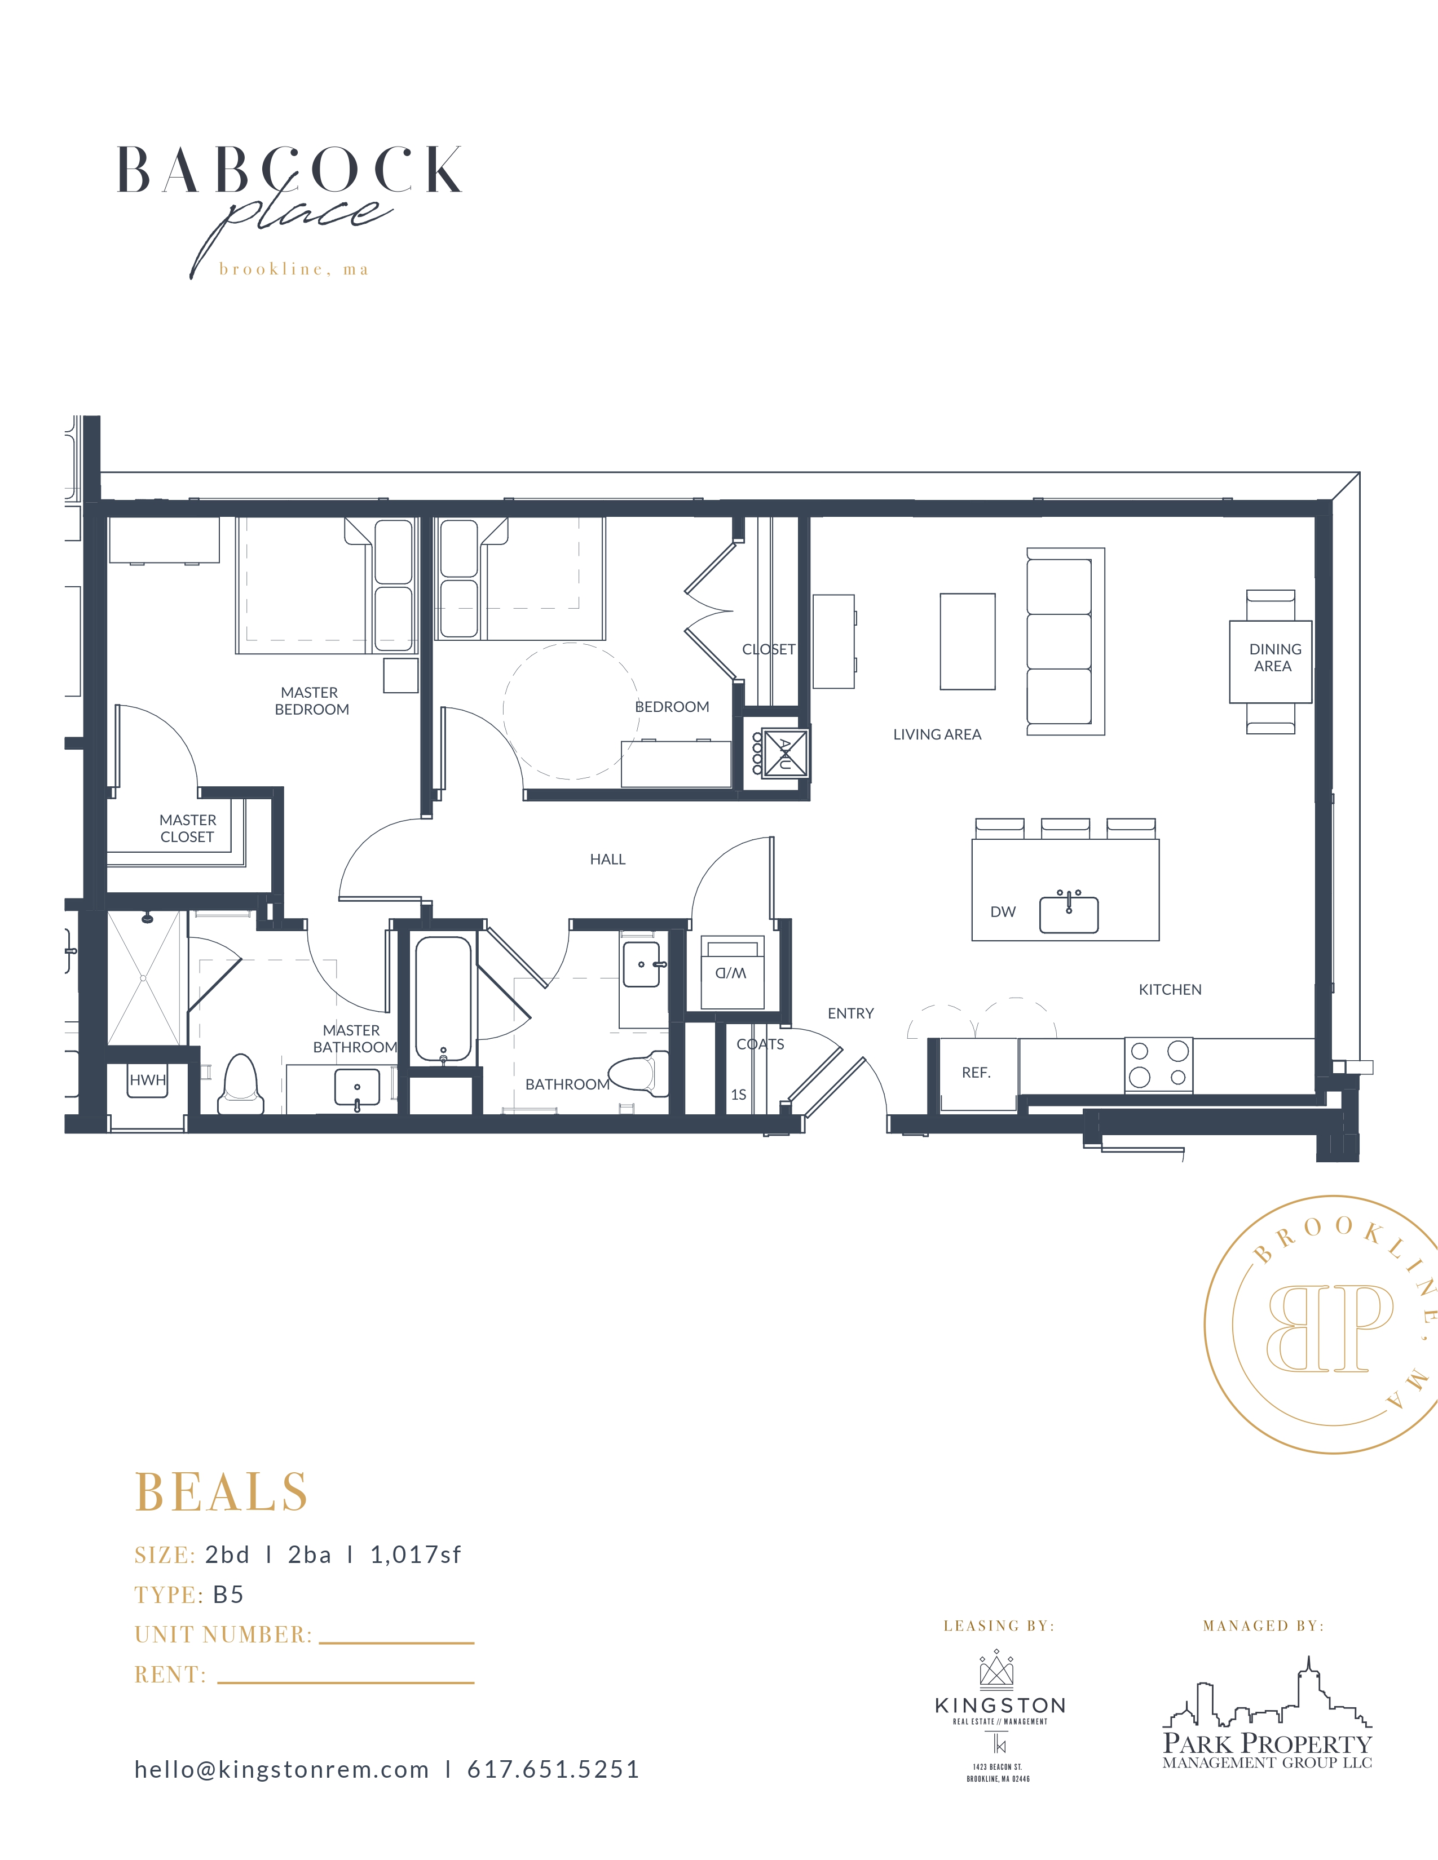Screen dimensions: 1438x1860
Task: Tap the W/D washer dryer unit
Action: pos(732,972)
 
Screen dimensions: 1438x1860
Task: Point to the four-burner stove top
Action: pos(1159,1065)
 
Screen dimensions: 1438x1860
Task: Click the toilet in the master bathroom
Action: pos(239,1083)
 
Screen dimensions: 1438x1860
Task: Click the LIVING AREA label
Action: pos(937,734)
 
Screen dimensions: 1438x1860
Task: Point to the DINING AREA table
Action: pos(1270,661)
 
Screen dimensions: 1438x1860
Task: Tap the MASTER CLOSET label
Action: pos(187,828)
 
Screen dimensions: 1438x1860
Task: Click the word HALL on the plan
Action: pos(607,860)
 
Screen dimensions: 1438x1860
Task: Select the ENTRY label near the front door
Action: pos(850,1013)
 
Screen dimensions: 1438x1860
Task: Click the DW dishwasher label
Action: pos(1003,911)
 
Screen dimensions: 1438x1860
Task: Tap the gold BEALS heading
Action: pos(222,1492)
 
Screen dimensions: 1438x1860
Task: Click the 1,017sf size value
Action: pos(416,1555)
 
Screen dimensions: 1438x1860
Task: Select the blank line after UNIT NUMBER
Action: pos(396,1643)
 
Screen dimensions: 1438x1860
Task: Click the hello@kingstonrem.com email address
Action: pos(281,1770)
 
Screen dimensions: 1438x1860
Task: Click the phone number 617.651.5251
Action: pos(553,1770)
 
